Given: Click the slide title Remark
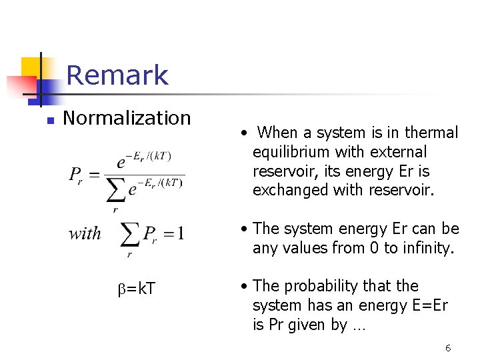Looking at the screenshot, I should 117,75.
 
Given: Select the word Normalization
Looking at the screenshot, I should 127,118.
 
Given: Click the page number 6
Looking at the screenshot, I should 448,348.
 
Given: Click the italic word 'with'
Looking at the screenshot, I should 85,234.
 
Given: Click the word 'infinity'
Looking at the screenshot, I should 427,248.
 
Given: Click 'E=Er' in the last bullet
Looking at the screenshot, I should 427,305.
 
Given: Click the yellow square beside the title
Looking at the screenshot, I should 33,68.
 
